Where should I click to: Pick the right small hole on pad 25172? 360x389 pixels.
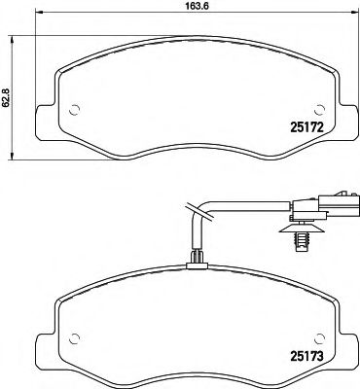[314, 109]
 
